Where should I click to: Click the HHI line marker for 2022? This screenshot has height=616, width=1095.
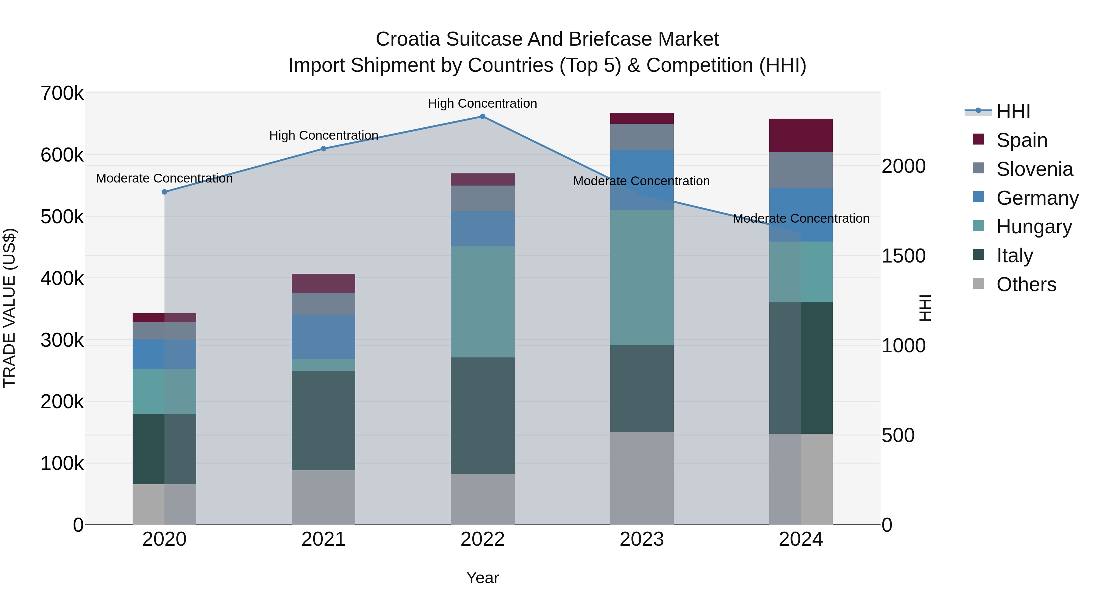pyautogui.click(x=482, y=117)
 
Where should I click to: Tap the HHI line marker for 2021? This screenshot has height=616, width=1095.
pyautogui.click(x=324, y=149)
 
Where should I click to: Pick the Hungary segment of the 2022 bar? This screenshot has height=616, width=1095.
pyautogui.click(x=482, y=302)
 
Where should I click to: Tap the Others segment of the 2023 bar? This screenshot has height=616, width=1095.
pyautogui.click(x=641, y=478)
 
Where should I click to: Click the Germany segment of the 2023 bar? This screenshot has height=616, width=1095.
pyautogui.click(x=641, y=180)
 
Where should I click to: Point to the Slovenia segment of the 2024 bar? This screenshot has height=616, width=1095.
pyautogui.click(x=801, y=170)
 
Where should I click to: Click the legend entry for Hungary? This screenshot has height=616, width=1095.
pyautogui.click(x=1034, y=227)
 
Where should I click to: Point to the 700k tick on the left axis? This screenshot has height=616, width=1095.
pyautogui.click(x=62, y=93)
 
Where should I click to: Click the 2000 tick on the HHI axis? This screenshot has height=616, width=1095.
pyautogui.click(x=903, y=166)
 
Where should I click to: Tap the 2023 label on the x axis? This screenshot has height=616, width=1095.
pyautogui.click(x=641, y=539)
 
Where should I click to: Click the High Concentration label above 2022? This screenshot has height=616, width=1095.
pyautogui.click(x=482, y=103)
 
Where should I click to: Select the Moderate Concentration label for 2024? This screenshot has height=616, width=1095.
pyautogui.click(x=801, y=218)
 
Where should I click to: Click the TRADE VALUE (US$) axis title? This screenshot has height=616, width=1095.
pyautogui.click(x=9, y=308)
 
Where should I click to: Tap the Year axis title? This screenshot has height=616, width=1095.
pyautogui.click(x=482, y=578)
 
